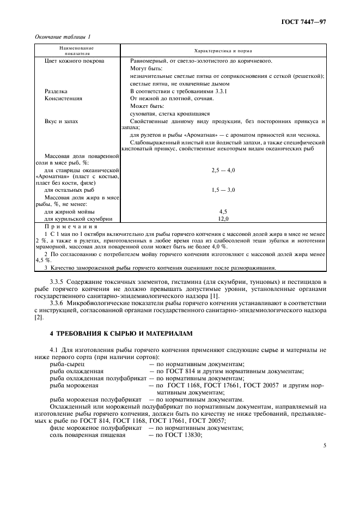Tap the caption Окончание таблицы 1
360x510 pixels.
pyautogui.click(x=63, y=37)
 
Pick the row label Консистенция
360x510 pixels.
pyautogui.click(x=64, y=99)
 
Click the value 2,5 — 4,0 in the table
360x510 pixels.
pyautogui.click(x=223, y=170)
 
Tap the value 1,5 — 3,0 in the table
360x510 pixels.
pyautogui.click(x=223, y=190)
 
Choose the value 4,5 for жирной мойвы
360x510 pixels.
pyautogui.click(x=223, y=211)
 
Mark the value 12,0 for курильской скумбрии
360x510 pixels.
pyautogui.click(x=223, y=218)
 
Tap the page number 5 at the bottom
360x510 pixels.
pyautogui.click(x=325, y=445)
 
